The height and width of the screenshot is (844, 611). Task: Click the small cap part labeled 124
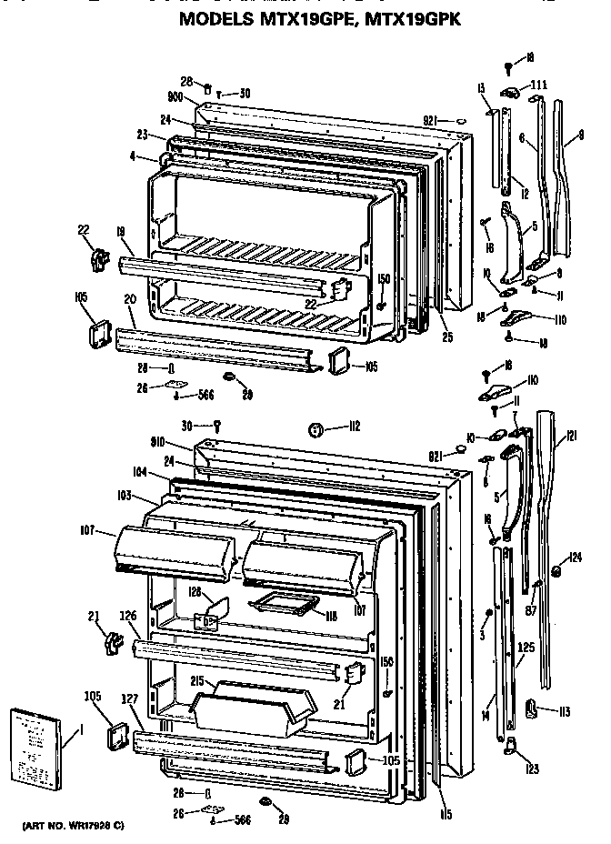click(x=554, y=572)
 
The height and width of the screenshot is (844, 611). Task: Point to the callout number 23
click(x=143, y=134)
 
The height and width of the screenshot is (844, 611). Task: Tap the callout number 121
click(x=571, y=437)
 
